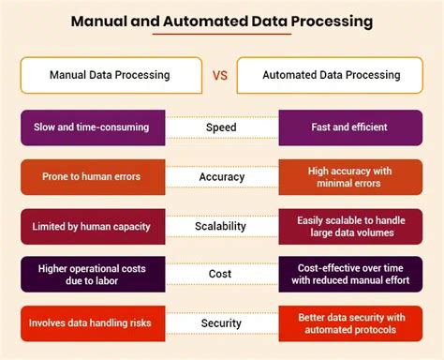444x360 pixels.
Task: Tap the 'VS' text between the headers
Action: pos(222,74)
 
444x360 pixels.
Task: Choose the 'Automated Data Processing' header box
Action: pos(333,74)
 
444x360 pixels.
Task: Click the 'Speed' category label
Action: pos(222,126)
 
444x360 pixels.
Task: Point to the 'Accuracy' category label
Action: pos(222,175)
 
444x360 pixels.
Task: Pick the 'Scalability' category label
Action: pos(222,225)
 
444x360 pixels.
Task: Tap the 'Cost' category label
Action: pos(222,275)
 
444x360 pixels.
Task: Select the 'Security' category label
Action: pos(222,324)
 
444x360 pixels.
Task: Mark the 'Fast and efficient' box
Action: pos(348,126)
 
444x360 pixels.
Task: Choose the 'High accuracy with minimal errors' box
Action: pos(348,175)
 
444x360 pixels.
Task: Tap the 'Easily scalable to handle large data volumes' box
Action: pos(348,225)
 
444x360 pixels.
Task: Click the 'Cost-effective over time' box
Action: pos(348,275)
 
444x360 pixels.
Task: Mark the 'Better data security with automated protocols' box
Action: pos(348,324)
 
